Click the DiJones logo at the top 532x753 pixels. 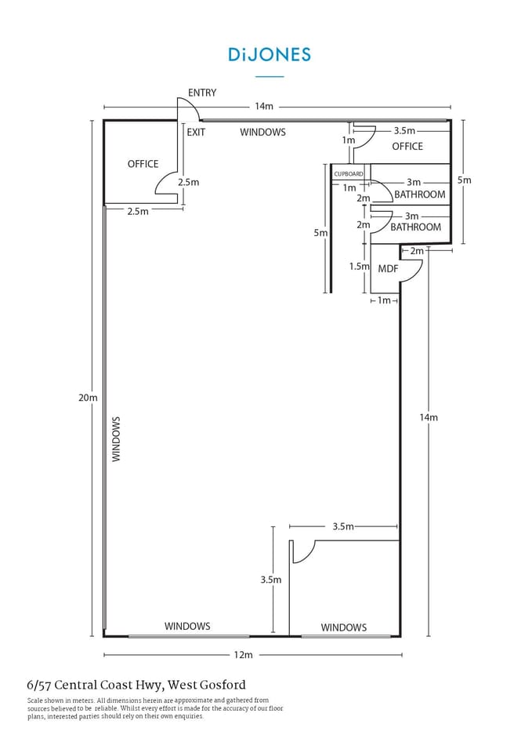click(270, 54)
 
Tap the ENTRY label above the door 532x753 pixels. click(201, 93)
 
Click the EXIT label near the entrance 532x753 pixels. click(196, 132)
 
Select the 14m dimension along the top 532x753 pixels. click(263, 107)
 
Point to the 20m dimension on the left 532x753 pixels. click(88, 398)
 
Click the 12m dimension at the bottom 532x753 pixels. click(243, 655)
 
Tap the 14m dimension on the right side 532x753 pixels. click(428, 417)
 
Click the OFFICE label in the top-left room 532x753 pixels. click(143, 164)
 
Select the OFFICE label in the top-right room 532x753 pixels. click(407, 146)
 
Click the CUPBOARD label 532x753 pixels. click(349, 173)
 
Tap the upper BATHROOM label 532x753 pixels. click(419, 195)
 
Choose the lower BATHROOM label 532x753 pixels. click(415, 227)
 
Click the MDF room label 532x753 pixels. click(388, 269)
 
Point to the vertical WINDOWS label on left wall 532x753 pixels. click(116, 438)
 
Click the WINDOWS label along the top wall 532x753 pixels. click(262, 132)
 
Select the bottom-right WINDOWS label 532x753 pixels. click(343, 627)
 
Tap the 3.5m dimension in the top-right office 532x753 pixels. click(404, 131)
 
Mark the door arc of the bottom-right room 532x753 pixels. click(304, 552)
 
